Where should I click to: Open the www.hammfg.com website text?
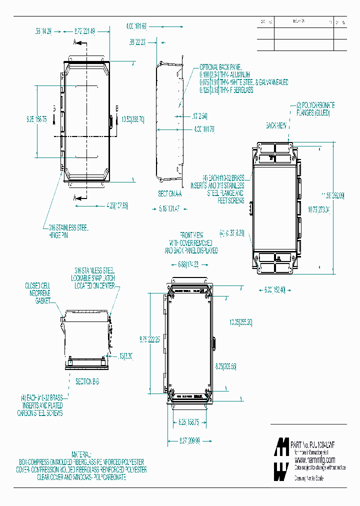pyautogui.click(x=314, y=459)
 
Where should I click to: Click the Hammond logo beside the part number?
pyautogui.click(x=281, y=458)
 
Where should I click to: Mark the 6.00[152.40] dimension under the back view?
pyautogui.click(x=274, y=289)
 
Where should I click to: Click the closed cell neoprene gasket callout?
pyautogui.click(x=38, y=293)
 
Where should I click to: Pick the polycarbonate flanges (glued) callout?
pyautogui.click(x=315, y=109)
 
